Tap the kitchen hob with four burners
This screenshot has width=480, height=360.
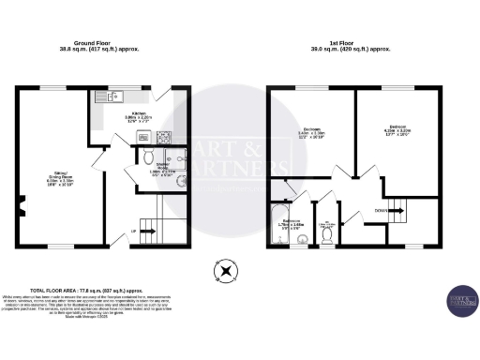pos(165,136)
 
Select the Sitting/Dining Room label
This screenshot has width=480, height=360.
pos(58,176)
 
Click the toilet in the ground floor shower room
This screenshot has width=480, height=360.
pos(147,156)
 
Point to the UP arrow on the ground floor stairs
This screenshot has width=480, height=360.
pos(134,231)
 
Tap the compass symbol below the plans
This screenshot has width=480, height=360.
pos(225,274)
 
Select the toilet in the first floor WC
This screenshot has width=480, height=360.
pos(325,238)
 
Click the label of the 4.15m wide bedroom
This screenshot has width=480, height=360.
pos(399,129)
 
